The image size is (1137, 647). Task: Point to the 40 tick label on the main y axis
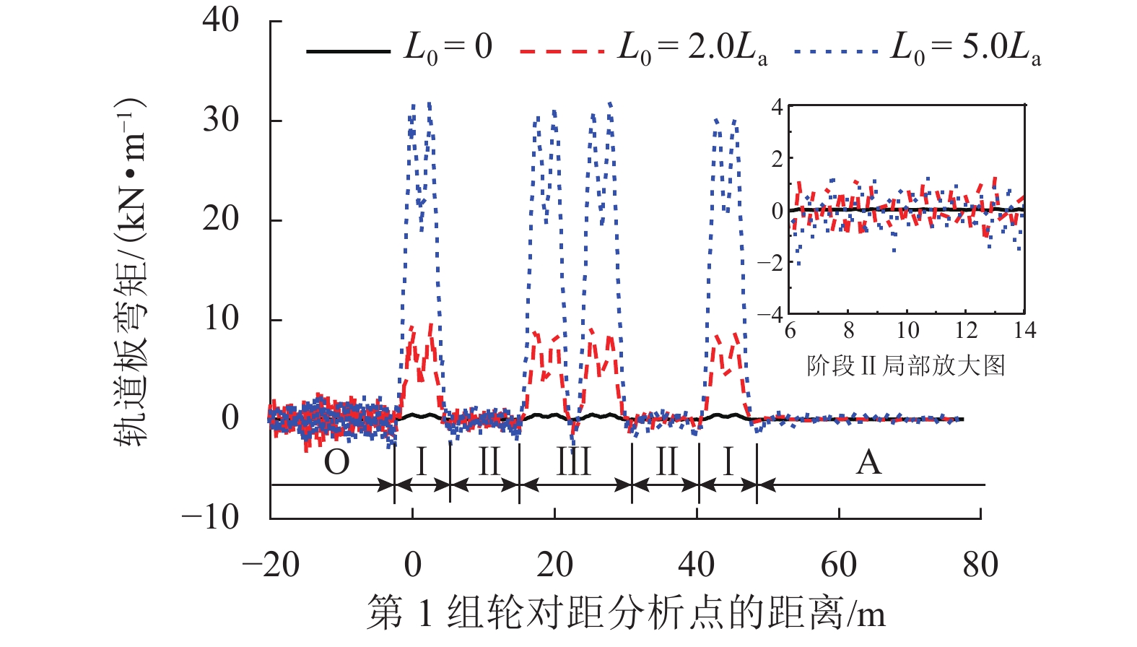(221, 20)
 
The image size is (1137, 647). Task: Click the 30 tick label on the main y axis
(221, 120)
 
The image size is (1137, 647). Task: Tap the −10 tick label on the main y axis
(211, 517)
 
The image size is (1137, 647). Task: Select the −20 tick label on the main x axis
(271, 565)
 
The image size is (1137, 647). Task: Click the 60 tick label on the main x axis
(839, 565)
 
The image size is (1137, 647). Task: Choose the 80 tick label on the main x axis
(980, 565)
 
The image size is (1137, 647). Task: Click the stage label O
(336, 462)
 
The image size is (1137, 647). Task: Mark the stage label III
(574, 462)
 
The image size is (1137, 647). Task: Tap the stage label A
(868, 462)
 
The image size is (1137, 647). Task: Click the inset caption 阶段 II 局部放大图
(906, 365)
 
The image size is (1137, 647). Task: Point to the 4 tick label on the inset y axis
(777, 108)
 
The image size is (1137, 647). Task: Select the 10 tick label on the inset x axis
(907, 331)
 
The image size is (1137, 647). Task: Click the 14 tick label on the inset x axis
(1024, 331)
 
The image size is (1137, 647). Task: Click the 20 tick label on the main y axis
(221, 219)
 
